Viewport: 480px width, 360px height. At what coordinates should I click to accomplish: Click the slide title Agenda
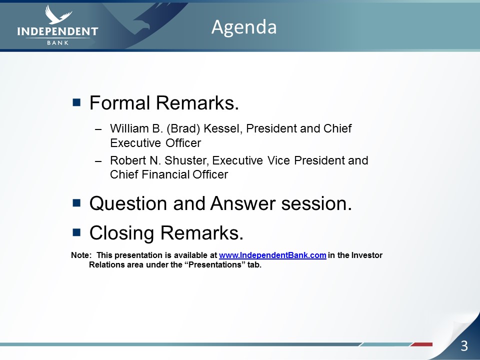coord(244,27)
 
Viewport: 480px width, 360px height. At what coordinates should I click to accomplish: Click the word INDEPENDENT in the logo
coord(57,31)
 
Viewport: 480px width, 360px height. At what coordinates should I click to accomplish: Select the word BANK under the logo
coord(58,43)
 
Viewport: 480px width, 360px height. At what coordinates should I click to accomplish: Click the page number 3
coord(464,346)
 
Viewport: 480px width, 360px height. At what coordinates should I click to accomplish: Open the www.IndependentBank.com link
coord(272,255)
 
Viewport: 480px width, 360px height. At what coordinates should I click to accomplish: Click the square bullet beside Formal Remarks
coord(76,102)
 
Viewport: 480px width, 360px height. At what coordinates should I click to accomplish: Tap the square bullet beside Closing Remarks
coord(76,232)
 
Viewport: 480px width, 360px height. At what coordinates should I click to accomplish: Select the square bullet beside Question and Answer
coord(76,203)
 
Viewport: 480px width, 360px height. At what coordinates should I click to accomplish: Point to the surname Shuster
coord(186,160)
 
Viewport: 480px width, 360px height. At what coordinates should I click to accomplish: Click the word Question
coord(128,203)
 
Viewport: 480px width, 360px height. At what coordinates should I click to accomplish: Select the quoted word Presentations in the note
coord(215,265)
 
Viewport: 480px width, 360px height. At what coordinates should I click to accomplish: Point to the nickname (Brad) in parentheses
coord(183,129)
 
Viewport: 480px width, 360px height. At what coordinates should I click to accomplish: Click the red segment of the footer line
coord(422,344)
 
